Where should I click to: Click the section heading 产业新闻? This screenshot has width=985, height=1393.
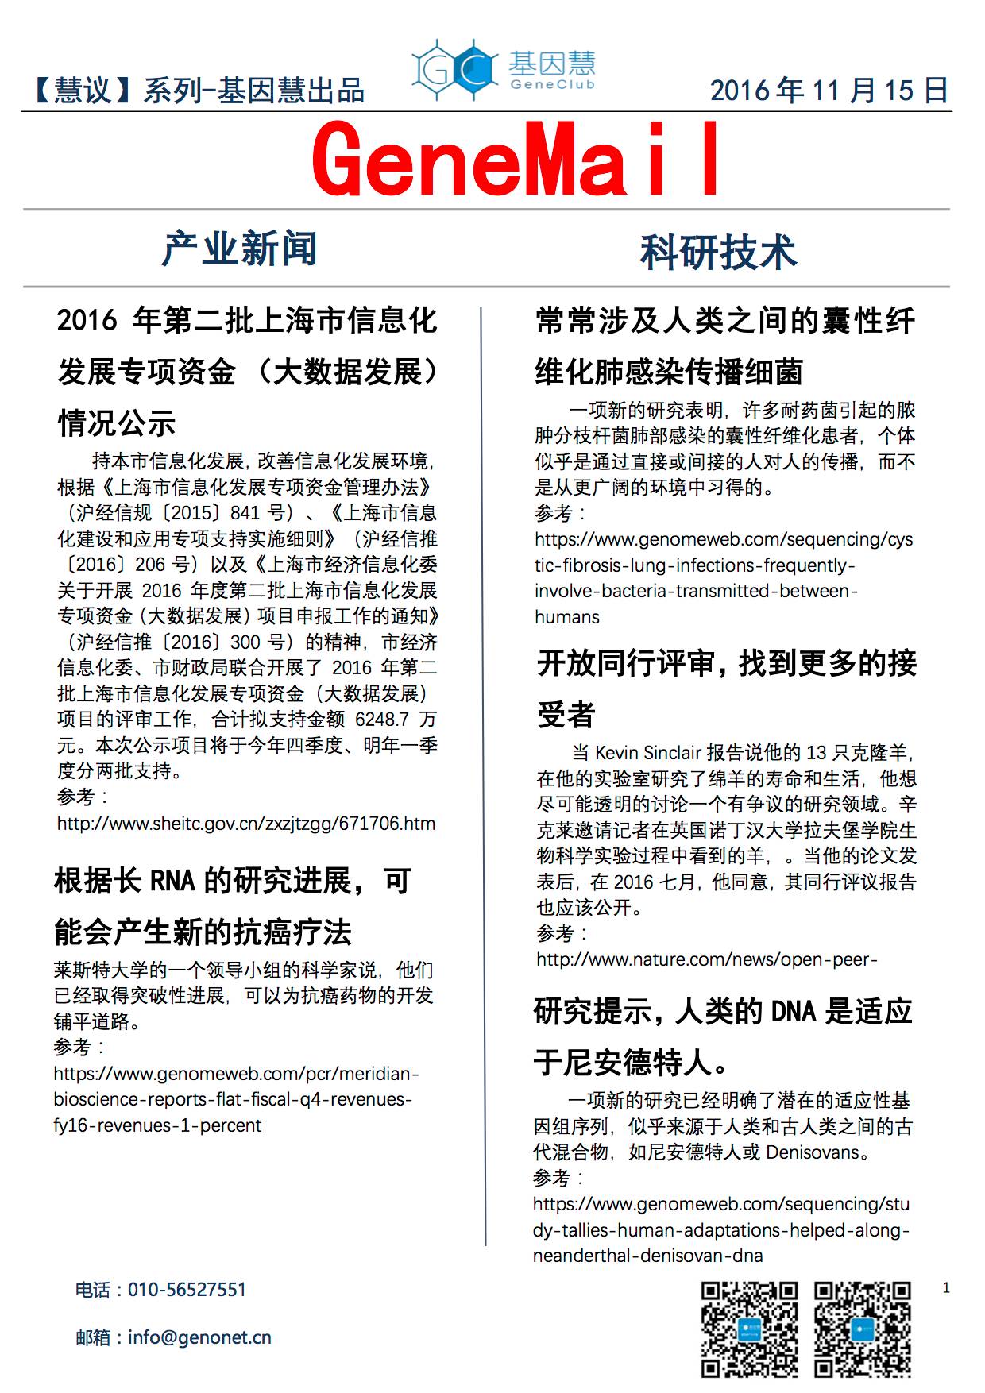coord(239,249)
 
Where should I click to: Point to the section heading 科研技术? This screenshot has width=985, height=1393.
coord(718,252)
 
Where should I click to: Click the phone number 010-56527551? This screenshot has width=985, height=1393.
coord(187,1290)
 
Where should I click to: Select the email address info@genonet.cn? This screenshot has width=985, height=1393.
coord(199,1337)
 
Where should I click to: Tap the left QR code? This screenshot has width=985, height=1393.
coord(749,1329)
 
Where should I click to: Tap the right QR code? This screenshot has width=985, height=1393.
coord(862,1329)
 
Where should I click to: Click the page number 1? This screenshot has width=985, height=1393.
coord(945,1288)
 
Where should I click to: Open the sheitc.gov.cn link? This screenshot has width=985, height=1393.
coord(246,824)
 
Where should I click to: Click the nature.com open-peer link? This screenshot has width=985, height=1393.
coord(707,959)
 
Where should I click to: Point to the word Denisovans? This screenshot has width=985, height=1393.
coord(813,1152)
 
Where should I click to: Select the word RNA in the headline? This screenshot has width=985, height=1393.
coord(172,882)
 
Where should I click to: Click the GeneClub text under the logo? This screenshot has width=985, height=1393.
coord(552,85)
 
